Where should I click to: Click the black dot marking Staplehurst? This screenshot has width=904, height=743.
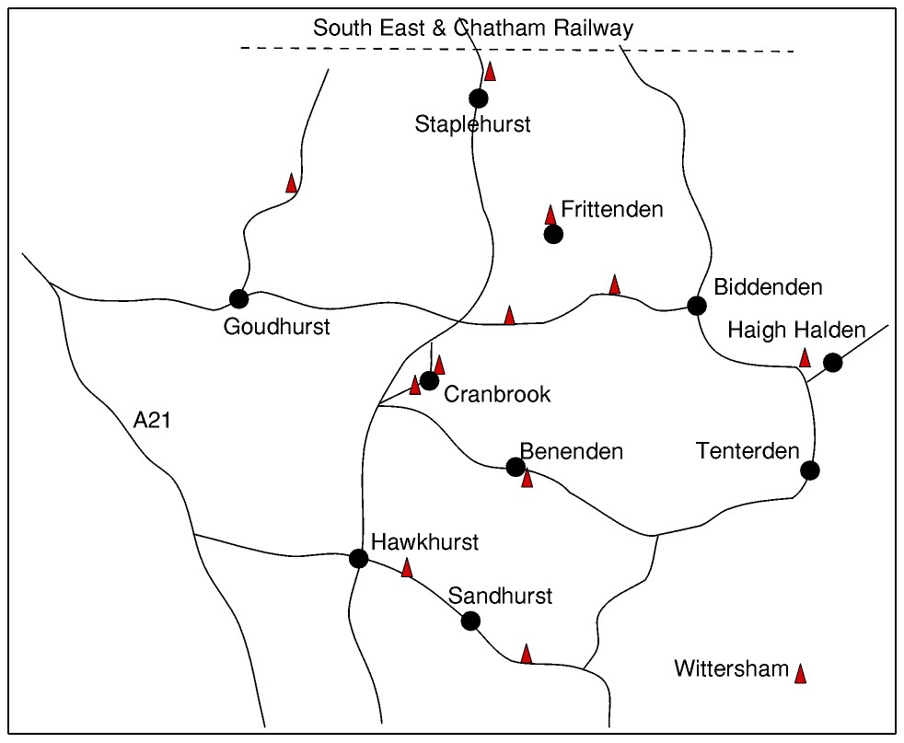pyautogui.click(x=478, y=99)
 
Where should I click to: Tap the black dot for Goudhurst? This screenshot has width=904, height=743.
pyautogui.click(x=239, y=298)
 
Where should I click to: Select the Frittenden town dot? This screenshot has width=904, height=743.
pyautogui.click(x=553, y=234)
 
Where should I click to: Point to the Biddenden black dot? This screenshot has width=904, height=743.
pyautogui.click(x=697, y=306)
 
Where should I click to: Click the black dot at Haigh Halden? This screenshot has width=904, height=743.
pyautogui.click(x=832, y=362)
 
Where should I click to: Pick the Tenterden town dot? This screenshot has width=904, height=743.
pyautogui.click(x=809, y=470)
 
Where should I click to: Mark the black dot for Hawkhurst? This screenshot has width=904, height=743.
pyautogui.click(x=359, y=558)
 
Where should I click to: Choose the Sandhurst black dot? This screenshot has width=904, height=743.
pyautogui.click(x=470, y=621)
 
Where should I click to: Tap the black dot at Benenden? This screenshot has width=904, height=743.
pyautogui.click(x=516, y=467)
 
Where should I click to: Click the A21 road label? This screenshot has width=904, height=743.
pyautogui.click(x=153, y=421)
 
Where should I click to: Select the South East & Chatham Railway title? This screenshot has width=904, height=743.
pyautogui.click(x=473, y=29)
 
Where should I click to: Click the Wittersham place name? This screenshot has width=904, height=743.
pyautogui.click(x=731, y=668)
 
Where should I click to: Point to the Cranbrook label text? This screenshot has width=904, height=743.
pyautogui.click(x=497, y=395)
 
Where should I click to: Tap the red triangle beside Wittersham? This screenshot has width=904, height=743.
pyautogui.click(x=801, y=674)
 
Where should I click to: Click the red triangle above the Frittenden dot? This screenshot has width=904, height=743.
pyautogui.click(x=551, y=215)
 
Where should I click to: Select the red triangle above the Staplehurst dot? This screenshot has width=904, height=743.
pyautogui.click(x=491, y=71)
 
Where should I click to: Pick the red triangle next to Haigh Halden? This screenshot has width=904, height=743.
pyautogui.click(x=805, y=358)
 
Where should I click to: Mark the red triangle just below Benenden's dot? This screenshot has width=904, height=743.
pyautogui.click(x=527, y=478)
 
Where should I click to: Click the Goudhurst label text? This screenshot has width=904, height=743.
pyautogui.click(x=276, y=327)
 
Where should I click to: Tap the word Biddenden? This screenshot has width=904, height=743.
pyautogui.click(x=767, y=287)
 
